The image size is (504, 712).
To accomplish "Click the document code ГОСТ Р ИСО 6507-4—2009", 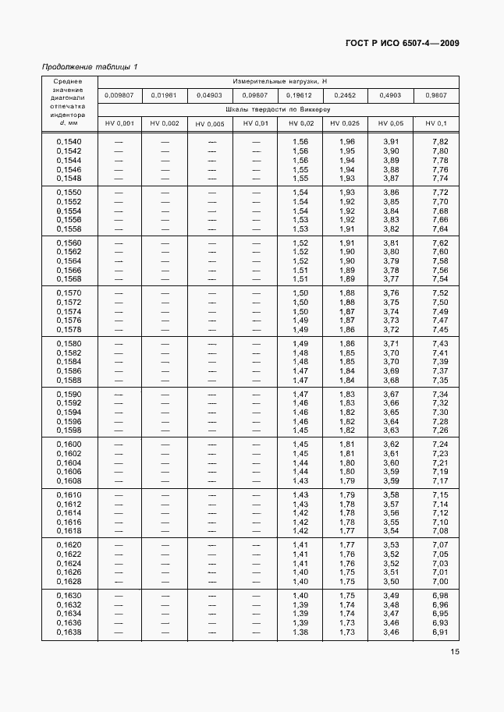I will (x=402, y=43).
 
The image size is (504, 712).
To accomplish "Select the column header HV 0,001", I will (x=120, y=124).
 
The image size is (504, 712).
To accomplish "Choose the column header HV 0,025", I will (x=345, y=124).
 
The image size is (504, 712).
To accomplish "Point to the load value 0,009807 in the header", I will (x=120, y=95).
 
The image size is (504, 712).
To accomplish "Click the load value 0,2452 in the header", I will (x=345, y=95).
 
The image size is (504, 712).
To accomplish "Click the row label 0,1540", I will (x=69, y=141).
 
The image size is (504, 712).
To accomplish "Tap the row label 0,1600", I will (x=69, y=445).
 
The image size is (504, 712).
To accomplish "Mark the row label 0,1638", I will (x=69, y=632).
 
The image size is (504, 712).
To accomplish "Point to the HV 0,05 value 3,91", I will (x=391, y=141).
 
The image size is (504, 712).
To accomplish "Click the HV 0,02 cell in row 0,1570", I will (x=300, y=293).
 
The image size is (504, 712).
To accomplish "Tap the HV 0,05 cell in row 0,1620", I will (x=391, y=545).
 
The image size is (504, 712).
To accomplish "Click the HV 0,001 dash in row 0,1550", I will (x=120, y=192).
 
